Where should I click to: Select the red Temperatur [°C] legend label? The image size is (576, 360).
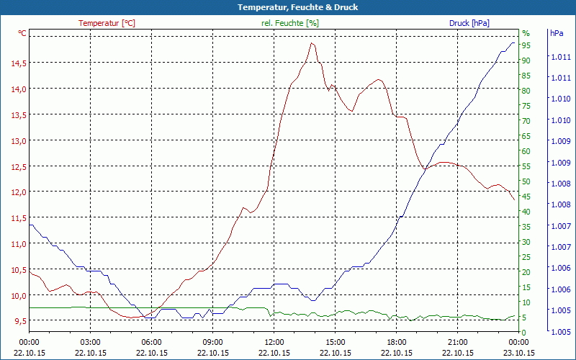coord(107,23)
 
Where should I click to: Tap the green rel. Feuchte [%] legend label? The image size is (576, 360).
coord(290,23)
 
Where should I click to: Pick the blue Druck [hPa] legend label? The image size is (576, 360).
coord(469,23)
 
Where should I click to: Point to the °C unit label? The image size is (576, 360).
coord(22,33)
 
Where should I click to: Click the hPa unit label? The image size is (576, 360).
coord(557,33)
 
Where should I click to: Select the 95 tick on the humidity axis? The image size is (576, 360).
coord(526,45)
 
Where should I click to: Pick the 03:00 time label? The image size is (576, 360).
coord(90,342)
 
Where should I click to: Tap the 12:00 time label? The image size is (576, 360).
coord(274,342)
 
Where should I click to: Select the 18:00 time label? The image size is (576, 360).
coord(397,342)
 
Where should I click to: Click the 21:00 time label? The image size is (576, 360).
coord(458,342)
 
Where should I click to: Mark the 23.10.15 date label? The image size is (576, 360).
coord(519,353)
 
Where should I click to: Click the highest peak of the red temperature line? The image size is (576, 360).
coord(312,42)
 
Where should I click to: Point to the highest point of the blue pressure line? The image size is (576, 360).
coord(513,42)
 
